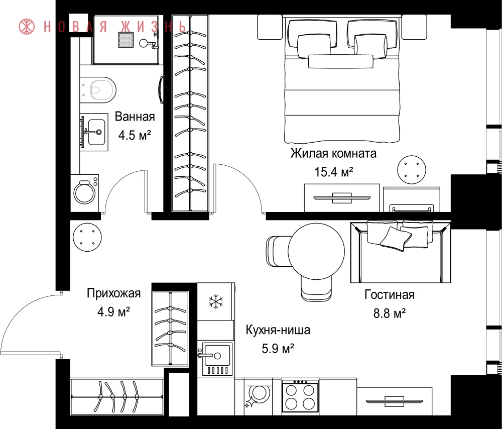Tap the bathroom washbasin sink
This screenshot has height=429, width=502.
(94, 132)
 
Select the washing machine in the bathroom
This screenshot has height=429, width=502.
(85, 193)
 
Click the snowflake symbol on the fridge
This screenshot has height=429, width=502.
(216, 301)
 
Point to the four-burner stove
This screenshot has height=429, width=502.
(300, 396)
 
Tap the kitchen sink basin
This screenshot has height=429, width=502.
(215, 359)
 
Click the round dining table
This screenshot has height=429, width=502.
(316, 252)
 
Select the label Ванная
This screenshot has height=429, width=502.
(135, 117)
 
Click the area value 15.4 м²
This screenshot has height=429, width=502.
(334, 172)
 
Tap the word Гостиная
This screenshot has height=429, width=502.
(390, 295)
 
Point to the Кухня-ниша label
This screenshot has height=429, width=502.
(278, 330)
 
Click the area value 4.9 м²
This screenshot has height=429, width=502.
(113, 311)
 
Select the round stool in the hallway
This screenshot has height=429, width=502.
(87, 238)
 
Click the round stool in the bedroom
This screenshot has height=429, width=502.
(412, 170)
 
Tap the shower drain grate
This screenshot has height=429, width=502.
(126, 40)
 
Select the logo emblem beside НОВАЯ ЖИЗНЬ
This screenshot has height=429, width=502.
(27, 27)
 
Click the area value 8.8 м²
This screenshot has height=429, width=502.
(390, 313)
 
